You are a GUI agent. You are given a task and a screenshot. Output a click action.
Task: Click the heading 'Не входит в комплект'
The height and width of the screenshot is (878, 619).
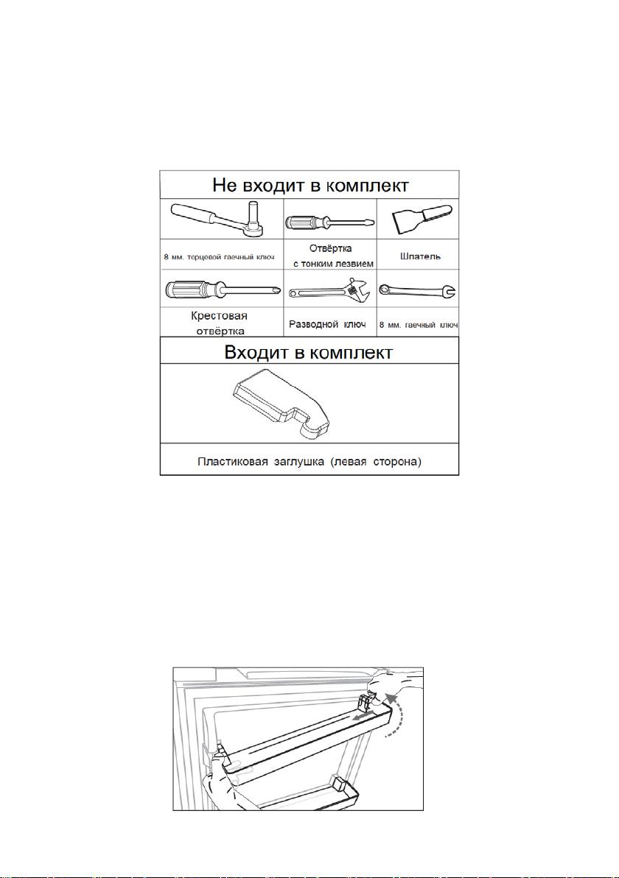310,186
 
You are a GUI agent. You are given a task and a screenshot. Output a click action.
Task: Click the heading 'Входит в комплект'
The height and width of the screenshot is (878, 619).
309,353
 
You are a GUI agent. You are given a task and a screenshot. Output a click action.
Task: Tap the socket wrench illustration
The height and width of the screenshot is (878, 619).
221,219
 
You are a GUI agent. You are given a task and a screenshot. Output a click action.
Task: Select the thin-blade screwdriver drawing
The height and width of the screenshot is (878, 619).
329,221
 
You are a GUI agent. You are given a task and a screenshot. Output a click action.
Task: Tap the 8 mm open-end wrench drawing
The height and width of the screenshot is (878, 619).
417,290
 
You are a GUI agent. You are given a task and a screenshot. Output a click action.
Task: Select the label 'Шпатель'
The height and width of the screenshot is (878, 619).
421,256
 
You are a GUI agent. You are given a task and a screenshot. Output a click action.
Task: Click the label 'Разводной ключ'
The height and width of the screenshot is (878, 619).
328,324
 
